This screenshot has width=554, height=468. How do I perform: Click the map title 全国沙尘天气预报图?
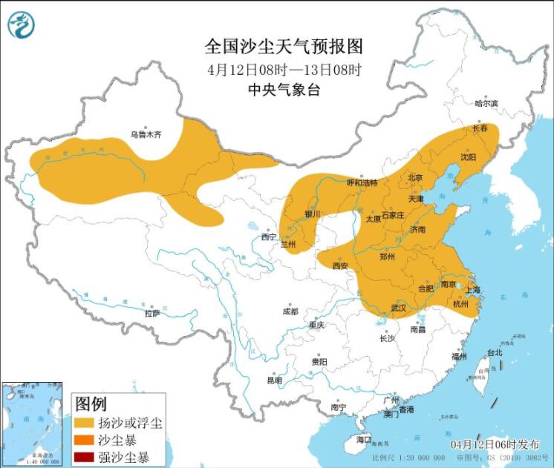[x=284, y=47]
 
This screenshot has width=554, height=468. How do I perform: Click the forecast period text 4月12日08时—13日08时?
[x=284, y=70]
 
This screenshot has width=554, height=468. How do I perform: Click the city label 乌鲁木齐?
[x=146, y=135]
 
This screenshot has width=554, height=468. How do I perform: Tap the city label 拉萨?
[x=152, y=314]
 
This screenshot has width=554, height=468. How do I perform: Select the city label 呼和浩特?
[x=362, y=182]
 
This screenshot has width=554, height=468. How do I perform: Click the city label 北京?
[x=414, y=178]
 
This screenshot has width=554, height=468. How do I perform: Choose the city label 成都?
[x=290, y=312]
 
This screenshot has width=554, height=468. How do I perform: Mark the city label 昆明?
[x=274, y=380]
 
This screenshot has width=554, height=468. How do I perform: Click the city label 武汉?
[x=399, y=307]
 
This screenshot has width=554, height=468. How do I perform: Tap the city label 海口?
[x=363, y=440]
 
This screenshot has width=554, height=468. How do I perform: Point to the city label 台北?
[x=494, y=353]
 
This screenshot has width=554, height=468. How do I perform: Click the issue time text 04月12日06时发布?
[x=495, y=444]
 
